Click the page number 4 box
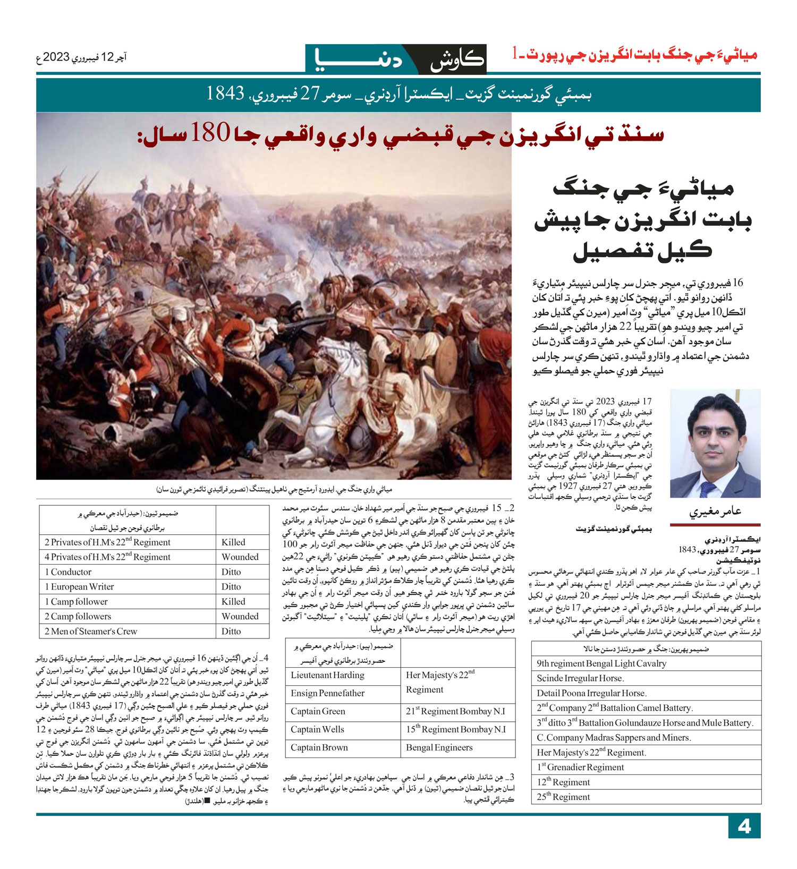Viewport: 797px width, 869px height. tap(744, 827)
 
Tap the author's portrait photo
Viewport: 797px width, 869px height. tap(715, 443)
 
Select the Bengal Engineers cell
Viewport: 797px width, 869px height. tap(439, 747)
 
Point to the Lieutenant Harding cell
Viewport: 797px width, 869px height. tap(327, 675)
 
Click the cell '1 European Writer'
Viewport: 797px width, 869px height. tap(79, 586)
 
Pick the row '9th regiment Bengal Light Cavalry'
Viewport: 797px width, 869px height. tap(601, 663)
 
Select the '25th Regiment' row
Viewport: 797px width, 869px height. tap(563, 797)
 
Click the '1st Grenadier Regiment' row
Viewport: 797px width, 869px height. tap(580, 767)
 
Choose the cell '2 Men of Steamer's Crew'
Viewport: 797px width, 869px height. tap(91, 631)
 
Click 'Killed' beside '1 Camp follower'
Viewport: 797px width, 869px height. tap(233, 601)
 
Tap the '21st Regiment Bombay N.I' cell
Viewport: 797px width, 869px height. tap(455, 711)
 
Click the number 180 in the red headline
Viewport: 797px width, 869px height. tap(210, 133)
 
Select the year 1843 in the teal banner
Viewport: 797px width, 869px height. tap(225, 94)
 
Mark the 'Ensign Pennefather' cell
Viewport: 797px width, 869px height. tap(327, 693)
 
